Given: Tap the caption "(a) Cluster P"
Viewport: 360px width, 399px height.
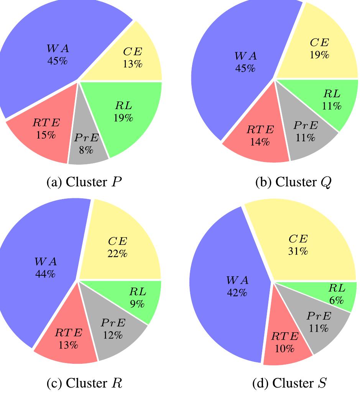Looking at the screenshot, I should (84, 182).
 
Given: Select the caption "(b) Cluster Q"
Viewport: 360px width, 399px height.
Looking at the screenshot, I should (293, 182).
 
